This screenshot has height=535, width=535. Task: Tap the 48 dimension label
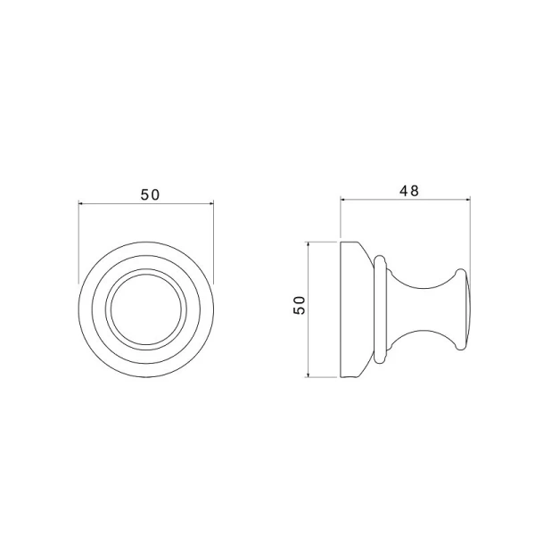click(408, 191)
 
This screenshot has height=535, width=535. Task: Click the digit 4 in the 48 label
click(402, 191)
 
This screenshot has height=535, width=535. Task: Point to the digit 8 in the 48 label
click(415, 191)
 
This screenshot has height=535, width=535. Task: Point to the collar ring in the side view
click(382, 309)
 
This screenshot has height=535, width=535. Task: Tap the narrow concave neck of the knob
click(419, 309)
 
